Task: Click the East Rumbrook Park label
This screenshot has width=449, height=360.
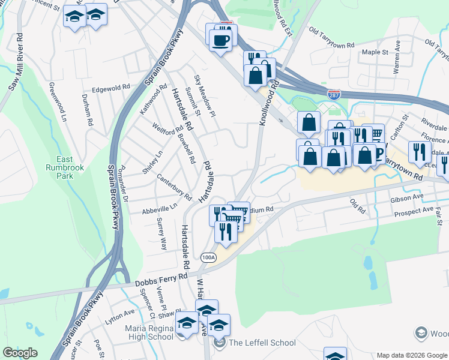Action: coord(64,167)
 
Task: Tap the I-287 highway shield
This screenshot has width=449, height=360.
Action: coord(334,94)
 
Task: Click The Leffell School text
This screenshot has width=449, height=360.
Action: coord(262,343)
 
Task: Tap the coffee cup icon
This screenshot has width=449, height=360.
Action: coord(220,40)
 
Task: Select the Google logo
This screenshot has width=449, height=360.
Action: coord(20,353)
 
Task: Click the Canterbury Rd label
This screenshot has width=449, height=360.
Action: coord(173,188)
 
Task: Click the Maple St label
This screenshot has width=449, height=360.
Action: coord(375,52)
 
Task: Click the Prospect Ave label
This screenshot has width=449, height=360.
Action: coord(414,213)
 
